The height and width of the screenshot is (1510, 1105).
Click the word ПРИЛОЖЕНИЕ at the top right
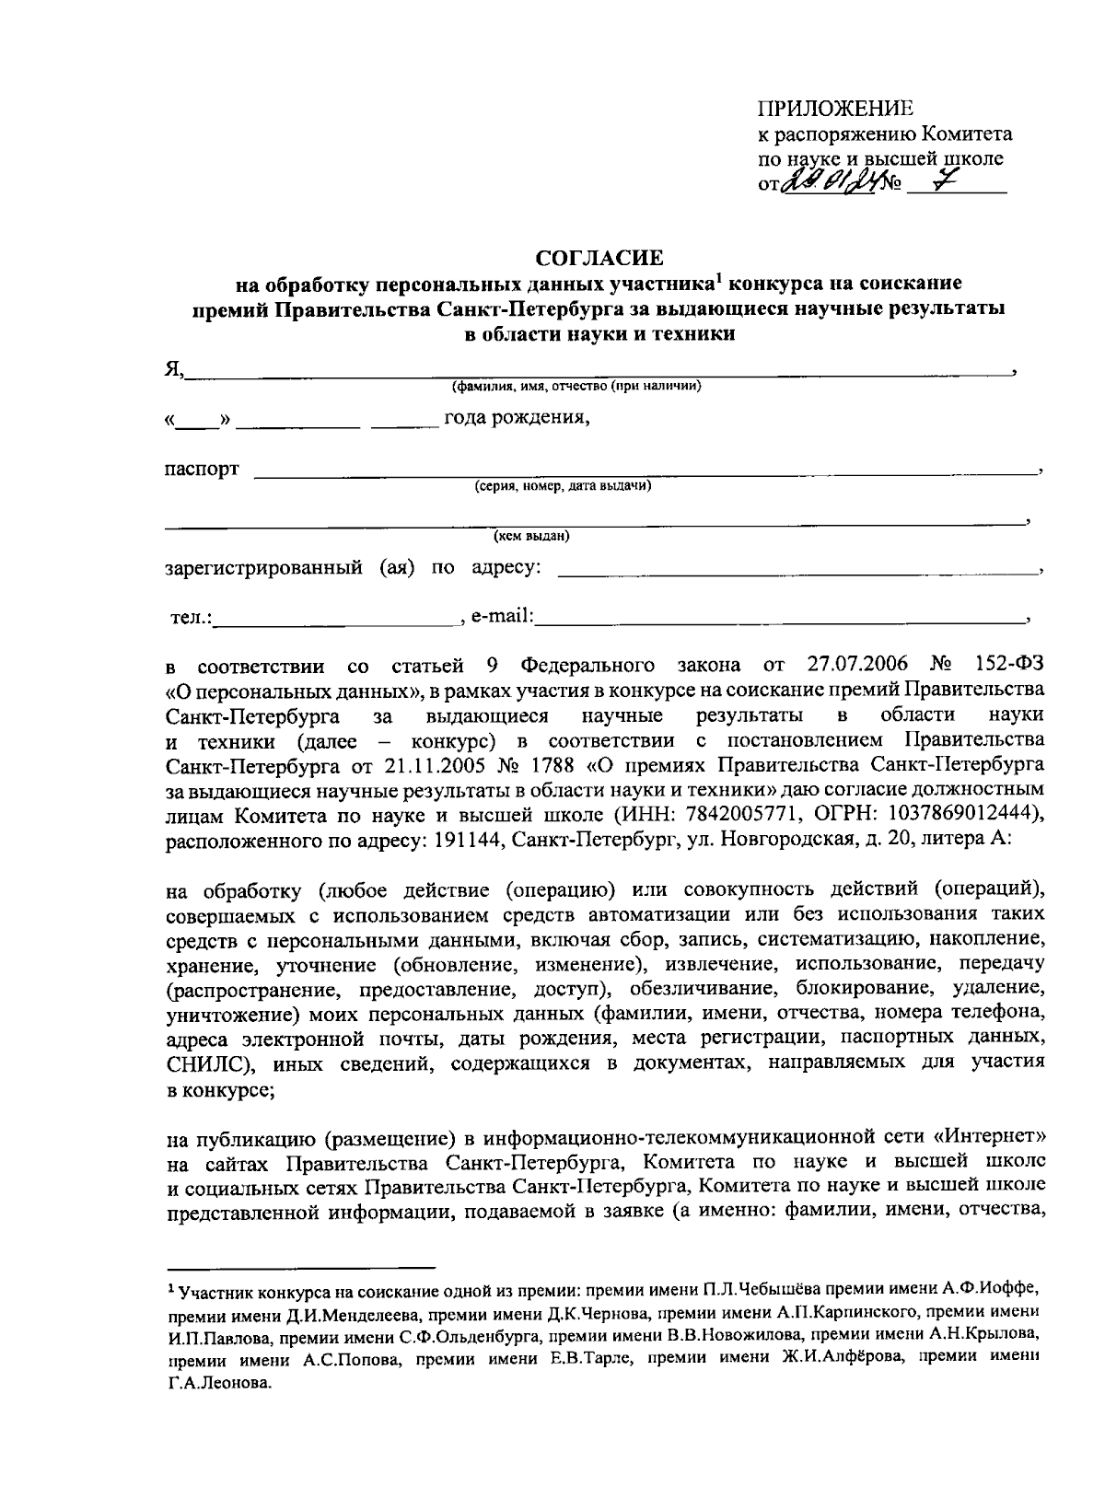(836, 109)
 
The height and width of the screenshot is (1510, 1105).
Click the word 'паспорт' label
(202, 469)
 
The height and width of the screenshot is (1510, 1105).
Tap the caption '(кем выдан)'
(532, 536)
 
